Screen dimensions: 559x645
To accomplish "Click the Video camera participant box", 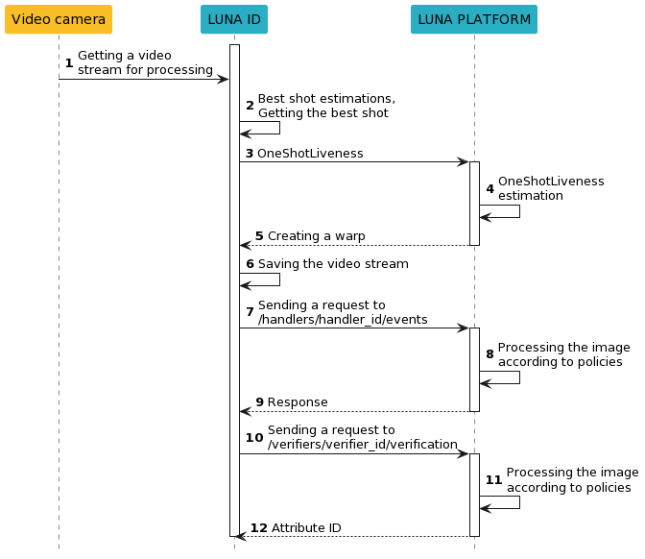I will point(59,19).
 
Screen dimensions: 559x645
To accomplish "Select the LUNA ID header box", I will point(234,19).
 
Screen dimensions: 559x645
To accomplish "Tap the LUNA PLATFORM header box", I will point(474,19).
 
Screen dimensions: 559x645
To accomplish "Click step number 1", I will point(68,62).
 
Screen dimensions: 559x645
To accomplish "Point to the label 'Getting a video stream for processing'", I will point(144,62).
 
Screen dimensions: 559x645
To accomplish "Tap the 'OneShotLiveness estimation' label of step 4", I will point(550,188).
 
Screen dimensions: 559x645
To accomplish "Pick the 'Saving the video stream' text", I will point(333,264).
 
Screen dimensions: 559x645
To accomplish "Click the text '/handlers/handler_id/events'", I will point(343,320).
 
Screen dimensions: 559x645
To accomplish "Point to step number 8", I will point(490,353).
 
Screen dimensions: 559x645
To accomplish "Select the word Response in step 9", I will point(298,402).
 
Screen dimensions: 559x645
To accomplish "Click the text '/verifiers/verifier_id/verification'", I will point(362,445).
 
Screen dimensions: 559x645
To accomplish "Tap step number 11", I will point(493,479).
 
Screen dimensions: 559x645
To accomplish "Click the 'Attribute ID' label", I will point(306,528).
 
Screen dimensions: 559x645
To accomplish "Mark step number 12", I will point(258,528).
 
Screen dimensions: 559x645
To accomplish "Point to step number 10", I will point(253,437).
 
